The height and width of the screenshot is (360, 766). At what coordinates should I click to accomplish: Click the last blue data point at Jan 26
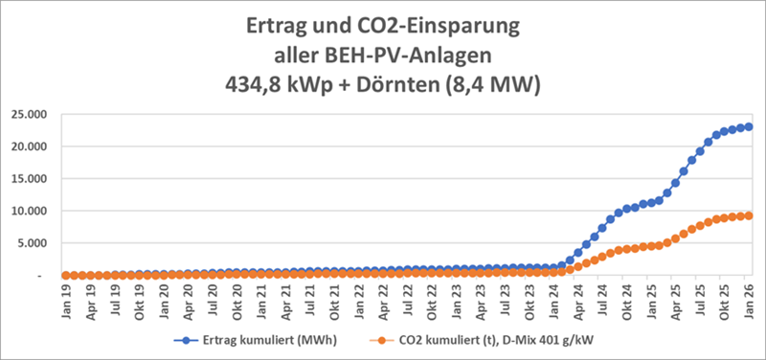tap(749, 126)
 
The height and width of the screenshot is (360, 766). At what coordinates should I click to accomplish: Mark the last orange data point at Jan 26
tap(749, 215)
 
